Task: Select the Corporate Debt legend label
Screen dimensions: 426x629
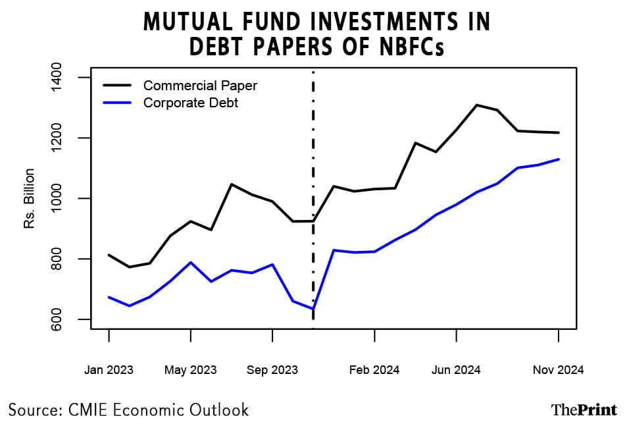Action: (x=190, y=103)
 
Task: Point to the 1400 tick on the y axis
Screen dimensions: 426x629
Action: (x=68, y=78)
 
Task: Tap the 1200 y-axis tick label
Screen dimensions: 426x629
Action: (x=68, y=138)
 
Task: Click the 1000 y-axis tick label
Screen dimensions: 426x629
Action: (x=68, y=199)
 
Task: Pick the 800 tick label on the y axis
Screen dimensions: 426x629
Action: (x=68, y=259)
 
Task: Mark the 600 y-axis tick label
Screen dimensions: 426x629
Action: (x=68, y=320)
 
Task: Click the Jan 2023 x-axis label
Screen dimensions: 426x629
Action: (x=109, y=370)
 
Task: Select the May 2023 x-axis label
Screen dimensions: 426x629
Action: (x=190, y=370)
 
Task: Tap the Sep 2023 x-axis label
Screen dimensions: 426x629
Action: (x=272, y=370)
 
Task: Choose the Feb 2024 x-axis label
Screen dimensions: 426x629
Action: (x=374, y=370)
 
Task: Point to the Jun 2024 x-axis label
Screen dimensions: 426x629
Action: (x=456, y=370)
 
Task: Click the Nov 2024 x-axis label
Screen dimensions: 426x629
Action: (x=559, y=370)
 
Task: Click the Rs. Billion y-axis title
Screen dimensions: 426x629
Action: (x=30, y=199)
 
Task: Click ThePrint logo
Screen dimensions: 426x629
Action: (x=584, y=410)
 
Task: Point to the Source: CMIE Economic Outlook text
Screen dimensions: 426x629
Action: (x=129, y=410)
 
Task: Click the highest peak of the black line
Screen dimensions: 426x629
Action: (x=476, y=105)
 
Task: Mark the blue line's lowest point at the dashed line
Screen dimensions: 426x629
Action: (x=313, y=309)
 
